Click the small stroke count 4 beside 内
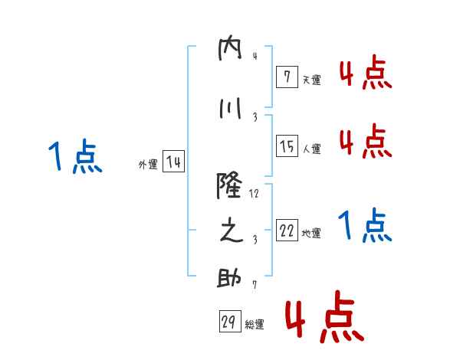coord(255,55)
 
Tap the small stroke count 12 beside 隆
coord(255,194)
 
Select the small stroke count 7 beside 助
coord(255,285)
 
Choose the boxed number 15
coord(287,146)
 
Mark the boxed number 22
coord(287,230)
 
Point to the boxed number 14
coord(174,162)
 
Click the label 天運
coord(312,80)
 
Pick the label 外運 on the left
coord(148,165)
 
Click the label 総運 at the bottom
coord(255,325)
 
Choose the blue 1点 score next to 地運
coord(365,225)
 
